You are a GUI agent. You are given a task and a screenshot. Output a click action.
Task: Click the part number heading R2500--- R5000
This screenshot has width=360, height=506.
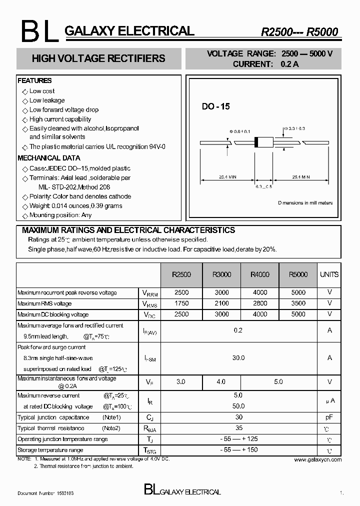[299, 32]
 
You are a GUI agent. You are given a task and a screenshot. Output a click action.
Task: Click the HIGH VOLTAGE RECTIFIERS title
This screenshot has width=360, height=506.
[98, 58]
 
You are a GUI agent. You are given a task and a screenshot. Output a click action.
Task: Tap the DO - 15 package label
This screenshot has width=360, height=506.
[215, 106]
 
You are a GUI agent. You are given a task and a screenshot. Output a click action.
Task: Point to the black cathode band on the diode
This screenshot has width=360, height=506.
[257, 142]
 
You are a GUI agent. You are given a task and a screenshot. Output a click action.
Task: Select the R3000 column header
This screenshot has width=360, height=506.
[221, 274]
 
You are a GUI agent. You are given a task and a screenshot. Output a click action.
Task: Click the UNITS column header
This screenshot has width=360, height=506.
[329, 274]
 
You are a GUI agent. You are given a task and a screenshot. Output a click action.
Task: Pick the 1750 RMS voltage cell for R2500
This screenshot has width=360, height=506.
[181, 303]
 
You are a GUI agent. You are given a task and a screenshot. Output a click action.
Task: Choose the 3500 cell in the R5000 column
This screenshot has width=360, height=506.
[298, 303]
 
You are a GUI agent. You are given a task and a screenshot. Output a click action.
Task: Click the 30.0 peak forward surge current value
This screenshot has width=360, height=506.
[238, 358]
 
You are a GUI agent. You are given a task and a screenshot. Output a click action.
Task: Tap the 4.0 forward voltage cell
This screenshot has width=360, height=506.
[221, 382]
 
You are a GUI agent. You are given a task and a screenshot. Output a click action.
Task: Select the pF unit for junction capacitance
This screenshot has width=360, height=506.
[329, 417]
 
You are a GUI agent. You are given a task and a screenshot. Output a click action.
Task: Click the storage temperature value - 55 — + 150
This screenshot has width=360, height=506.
[238, 450]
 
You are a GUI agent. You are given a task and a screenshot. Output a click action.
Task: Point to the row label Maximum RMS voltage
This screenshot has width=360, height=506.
[44, 303]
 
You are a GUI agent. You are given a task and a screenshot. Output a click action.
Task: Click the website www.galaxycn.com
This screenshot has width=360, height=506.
[317, 459]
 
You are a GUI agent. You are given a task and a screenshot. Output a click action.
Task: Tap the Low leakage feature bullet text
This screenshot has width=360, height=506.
[47, 100]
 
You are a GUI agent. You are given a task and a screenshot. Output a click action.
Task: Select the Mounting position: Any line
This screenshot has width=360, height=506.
[60, 215]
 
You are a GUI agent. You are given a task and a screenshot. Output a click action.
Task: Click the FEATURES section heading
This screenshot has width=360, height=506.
[34, 80]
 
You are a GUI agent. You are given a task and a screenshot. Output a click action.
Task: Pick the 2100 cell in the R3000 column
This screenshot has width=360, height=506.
[221, 303]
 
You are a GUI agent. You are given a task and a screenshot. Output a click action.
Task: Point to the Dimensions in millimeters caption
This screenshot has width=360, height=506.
[305, 203]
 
